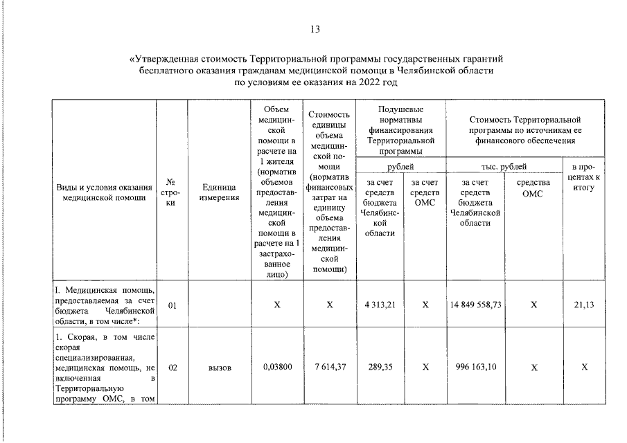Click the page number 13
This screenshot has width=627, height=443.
pos(315,29)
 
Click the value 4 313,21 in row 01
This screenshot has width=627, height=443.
pos(379,305)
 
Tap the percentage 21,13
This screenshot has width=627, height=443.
pos(585,305)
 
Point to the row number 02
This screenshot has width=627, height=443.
pos(172,368)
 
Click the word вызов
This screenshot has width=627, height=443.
pos(220,368)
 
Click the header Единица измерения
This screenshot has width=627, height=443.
pos(220,192)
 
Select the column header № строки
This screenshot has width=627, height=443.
pos(172,192)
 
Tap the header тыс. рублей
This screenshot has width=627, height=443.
pos(503,167)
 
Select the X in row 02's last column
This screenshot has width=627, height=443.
pos(585,368)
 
